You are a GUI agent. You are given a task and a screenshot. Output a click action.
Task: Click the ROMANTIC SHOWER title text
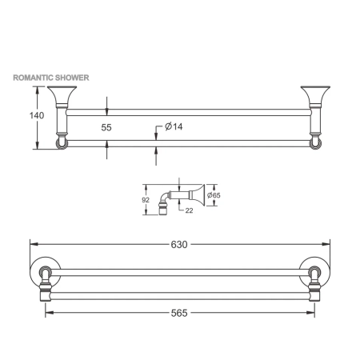click(50, 78)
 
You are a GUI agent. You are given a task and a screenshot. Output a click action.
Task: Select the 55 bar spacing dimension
click(107, 126)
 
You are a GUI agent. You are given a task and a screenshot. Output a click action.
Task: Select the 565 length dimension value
click(179, 313)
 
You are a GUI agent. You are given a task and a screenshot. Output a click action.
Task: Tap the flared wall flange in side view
click(201, 194)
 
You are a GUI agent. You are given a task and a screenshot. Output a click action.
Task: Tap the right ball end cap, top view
click(314, 143)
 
